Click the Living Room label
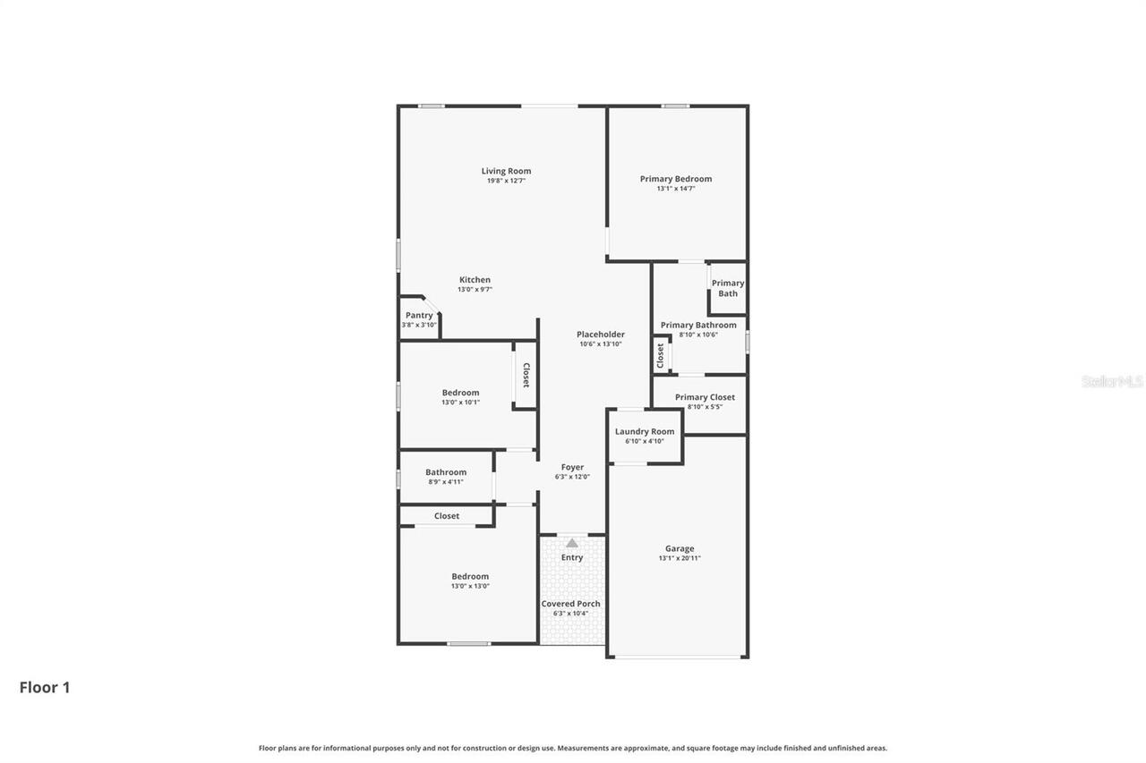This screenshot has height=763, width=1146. pyautogui.click(x=506, y=171)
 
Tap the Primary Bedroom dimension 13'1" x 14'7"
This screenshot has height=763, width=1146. pyautogui.click(x=675, y=189)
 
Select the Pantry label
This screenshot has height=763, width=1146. pyautogui.click(x=419, y=315)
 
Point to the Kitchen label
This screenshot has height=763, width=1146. pyautogui.click(x=475, y=280)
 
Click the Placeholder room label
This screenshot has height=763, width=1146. pyautogui.click(x=600, y=335)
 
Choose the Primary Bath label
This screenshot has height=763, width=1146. pyautogui.click(x=728, y=288)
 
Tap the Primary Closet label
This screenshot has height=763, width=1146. pyautogui.click(x=705, y=397)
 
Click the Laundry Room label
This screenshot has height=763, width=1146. pyautogui.click(x=645, y=431)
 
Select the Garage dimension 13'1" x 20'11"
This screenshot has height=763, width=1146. pyautogui.click(x=680, y=558)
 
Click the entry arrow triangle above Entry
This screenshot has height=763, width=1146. pyautogui.click(x=572, y=543)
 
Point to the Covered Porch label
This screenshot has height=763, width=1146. pyautogui.click(x=570, y=604)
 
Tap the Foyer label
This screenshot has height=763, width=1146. pyautogui.click(x=572, y=467)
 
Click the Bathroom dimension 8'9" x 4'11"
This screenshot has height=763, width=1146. pyautogui.click(x=446, y=482)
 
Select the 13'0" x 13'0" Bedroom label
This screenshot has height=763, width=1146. pyautogui.click(x=470, y=577)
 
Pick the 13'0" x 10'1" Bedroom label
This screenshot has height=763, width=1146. pyautogui.click(x=460, y=393)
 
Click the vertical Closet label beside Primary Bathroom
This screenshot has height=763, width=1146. pyautogui.click(x=661, y=355)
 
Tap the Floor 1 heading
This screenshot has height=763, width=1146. pyautogui.click(x=45, y=687)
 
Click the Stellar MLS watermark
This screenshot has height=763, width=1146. pyautogui.click(x=1112, y=381)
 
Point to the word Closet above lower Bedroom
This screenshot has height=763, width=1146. pyautogui.click(x=447, y=516)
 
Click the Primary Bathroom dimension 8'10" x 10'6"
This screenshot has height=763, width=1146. pyautogui.click(x=698, y=335)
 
